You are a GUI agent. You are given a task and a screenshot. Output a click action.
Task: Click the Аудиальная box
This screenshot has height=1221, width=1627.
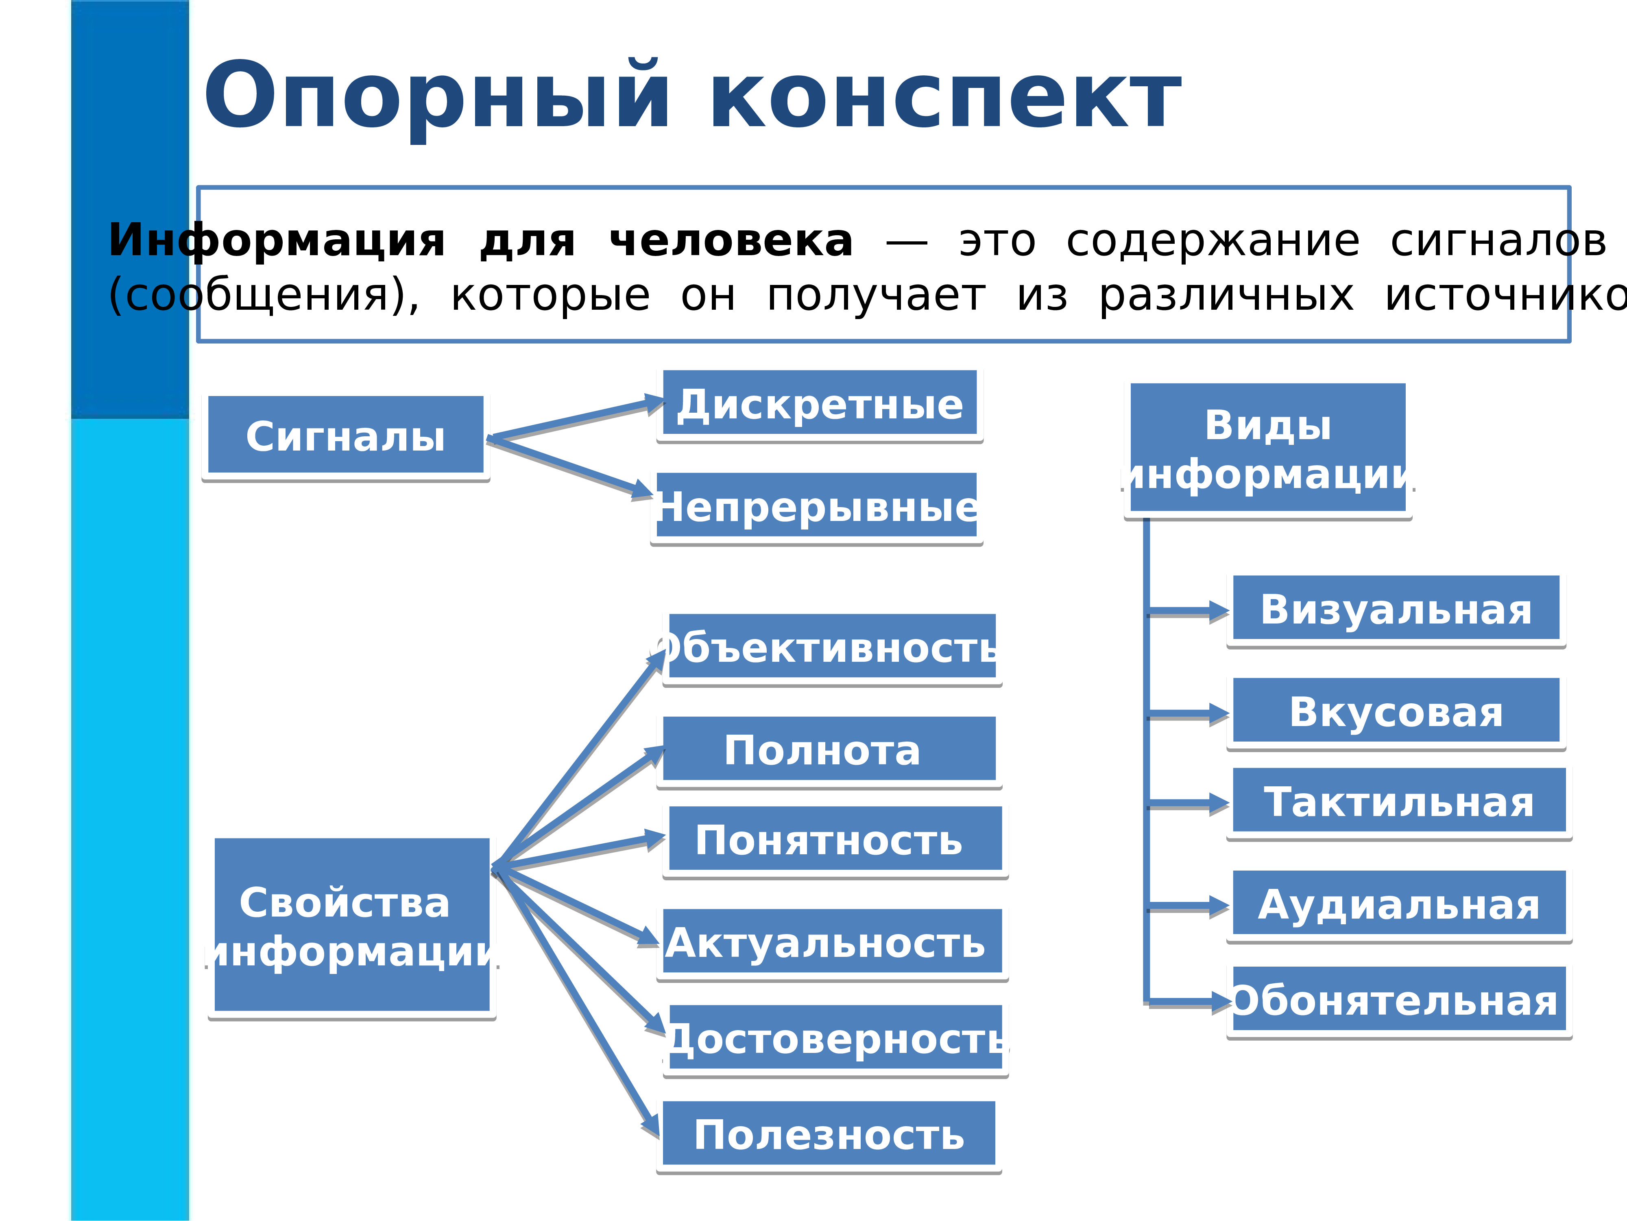[x=1398, y=904]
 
